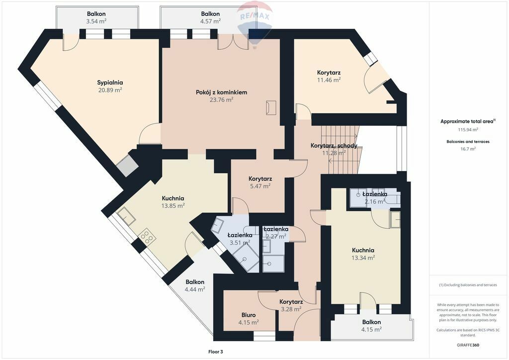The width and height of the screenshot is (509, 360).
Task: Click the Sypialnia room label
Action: (x=110, y=83)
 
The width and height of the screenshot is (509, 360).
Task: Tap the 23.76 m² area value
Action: (x=221, y=99)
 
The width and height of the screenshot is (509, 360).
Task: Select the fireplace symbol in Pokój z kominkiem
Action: (x=271, y=107)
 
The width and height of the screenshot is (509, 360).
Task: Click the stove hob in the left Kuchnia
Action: (x=147, y=236)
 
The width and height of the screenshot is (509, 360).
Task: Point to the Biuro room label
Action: (x=249, y=315)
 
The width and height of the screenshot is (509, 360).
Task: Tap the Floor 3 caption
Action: (x=216, y=352)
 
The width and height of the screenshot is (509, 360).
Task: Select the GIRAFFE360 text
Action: (x=468, y=345)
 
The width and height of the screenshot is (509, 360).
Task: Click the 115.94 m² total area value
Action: (x=468, y=129)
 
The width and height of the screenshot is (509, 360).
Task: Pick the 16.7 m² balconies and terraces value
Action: (x=468, y=149)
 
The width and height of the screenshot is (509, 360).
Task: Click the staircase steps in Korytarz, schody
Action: (x=340, y=149)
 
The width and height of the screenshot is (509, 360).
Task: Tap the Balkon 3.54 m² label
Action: (x=96, y=17)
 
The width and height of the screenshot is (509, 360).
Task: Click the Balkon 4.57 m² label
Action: (x=210, y=17)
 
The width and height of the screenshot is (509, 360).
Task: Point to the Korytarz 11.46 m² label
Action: (x=329, y=76)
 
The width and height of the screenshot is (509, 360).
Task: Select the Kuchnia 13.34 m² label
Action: (x=363, y=254)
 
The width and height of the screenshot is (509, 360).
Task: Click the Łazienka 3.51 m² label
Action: (x=240, y=239)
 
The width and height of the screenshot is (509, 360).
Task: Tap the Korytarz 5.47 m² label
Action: (x=260, y=182)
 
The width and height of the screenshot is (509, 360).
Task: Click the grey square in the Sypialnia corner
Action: (x=127, y=166)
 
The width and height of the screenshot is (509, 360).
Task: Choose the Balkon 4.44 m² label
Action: (x=195, y=285)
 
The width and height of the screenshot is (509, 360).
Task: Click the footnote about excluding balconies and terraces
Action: (x=468, y=285)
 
